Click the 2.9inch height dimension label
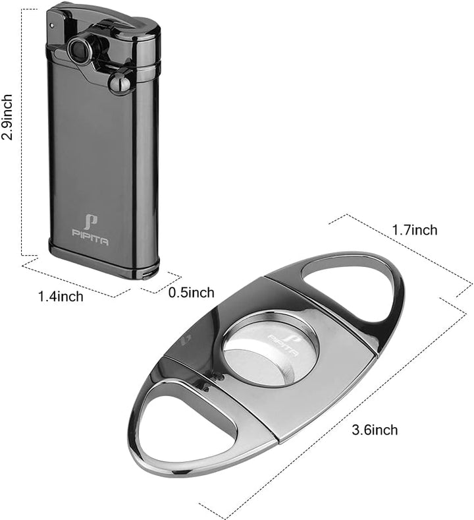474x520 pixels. pos(7,117)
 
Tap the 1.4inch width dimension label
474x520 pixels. pos(61,296)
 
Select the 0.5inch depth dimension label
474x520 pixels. pos(191,292)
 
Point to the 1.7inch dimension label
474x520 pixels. pos(414,230)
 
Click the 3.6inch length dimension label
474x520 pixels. pos(375,430)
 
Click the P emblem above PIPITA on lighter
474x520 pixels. pos(90,221)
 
